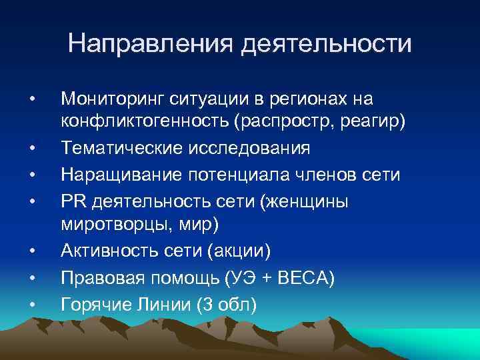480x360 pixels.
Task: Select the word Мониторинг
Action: click(110, 99)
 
